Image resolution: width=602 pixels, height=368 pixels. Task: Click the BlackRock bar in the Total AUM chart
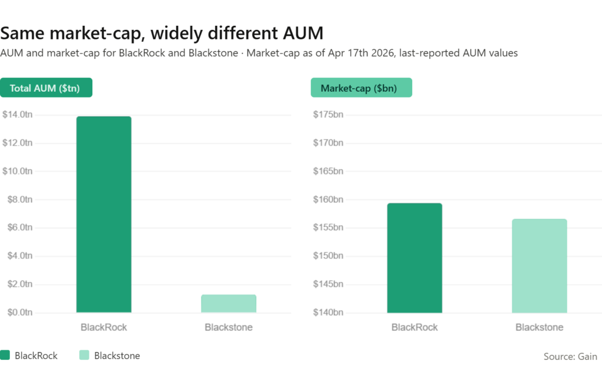(x=104, y=215)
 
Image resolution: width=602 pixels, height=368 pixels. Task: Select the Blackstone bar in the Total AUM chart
(x=229, y=303)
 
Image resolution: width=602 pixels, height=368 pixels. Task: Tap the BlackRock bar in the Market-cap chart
(x=414, y=257)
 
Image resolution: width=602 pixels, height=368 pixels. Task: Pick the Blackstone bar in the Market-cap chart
(x=540, y=266)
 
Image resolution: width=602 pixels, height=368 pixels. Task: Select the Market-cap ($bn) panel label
(x=361, y=88)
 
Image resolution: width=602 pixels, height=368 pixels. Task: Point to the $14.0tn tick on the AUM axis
(x=18, y=114)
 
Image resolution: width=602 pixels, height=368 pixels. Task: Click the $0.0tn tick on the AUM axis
(x=19, y=312)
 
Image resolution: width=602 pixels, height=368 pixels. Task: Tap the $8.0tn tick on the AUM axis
(x=19, y=199)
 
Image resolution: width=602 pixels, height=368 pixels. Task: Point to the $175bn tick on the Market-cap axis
(x=329, y=114)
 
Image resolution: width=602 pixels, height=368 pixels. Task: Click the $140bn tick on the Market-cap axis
(x=329, y=312)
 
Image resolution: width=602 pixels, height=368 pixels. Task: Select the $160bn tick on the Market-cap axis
(x=329, y=199)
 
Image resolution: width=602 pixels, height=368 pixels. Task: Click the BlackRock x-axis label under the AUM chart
(x=104, y=327)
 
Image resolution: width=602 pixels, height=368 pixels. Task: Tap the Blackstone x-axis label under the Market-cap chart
(x=540, y=327)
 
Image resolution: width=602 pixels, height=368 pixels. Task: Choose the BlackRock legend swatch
(x=5, y=355)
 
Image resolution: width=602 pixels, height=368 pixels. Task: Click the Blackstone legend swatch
(x=83, y=355)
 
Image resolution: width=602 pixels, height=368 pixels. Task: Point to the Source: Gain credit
(x=570, y=356)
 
